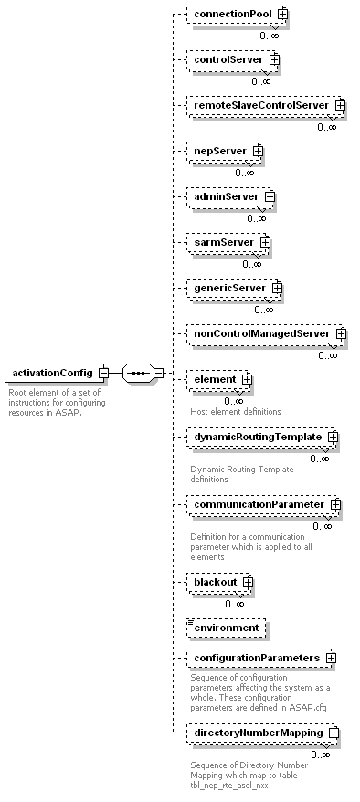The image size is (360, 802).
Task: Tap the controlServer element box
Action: point(228,59)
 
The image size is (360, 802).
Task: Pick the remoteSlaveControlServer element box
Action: point(259,105)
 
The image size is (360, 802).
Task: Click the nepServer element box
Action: point(219,150)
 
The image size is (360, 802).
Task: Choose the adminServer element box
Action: point(225,195)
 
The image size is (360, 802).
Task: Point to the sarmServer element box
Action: point(222,242)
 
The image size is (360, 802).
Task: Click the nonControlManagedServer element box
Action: point(260,333)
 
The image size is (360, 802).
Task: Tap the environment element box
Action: point(225,628)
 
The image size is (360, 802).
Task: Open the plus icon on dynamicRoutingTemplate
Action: point(333,438)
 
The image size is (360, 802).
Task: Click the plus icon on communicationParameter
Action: point(335,504)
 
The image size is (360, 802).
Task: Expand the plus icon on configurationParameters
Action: point(331,658)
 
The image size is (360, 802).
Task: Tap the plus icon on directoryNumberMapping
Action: point(334,733)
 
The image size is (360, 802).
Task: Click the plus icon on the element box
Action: point(247,379)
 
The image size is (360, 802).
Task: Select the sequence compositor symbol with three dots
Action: point(136,373)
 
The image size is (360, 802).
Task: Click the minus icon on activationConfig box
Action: point(104,373)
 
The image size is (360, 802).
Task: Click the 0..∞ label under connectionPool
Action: point(269,35)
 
